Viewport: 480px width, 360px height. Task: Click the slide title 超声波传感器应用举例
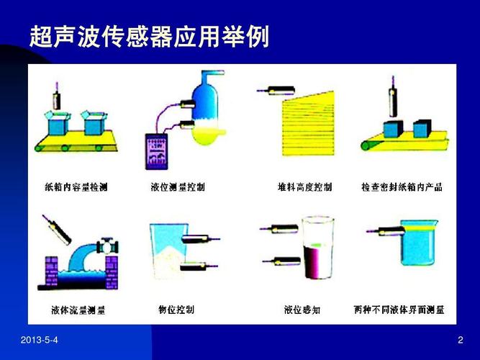[150, 37]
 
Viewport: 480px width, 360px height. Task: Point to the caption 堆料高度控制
[304, 187]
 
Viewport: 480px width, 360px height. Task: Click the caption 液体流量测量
[78, 310]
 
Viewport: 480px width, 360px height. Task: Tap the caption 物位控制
[176, 310]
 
